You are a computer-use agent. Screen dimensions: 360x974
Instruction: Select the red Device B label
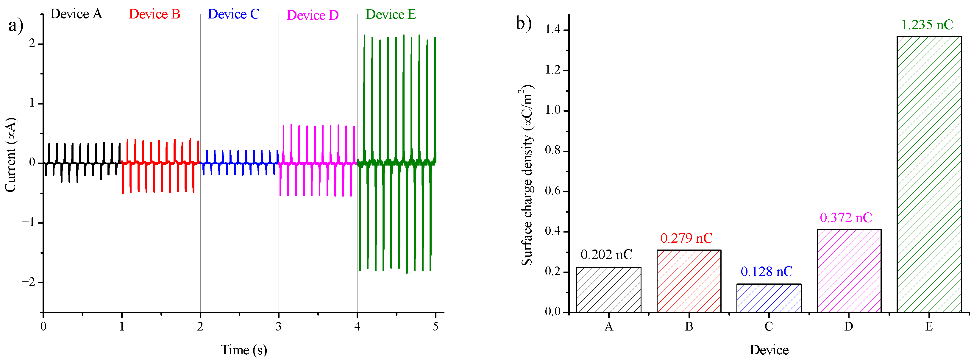pyautogui.click(x=155, y=14)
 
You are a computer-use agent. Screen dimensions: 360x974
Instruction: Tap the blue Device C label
pyautogui.click(x=233, y=14)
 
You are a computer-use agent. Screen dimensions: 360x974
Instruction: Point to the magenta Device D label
pyautogui.click(x=312, y=15)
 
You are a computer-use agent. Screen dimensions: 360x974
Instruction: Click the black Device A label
pyautogui.click(x=76, y=14)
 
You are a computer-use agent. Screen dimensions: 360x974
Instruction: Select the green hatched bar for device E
pyautogui.click(x=929, y=174)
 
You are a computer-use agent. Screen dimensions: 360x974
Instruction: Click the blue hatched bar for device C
pyautogui.click(x=769, y=298)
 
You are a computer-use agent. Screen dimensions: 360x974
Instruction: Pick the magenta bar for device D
pyautogui.click(x=849, y=270)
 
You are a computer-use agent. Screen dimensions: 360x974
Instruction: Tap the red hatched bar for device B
pyautogui.click(x=689, y=281)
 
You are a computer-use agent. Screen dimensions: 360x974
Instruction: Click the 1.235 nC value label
pyautogui.click(x=927, y=25)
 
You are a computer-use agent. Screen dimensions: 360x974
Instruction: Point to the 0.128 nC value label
pyautogui.click(x=767, y=272)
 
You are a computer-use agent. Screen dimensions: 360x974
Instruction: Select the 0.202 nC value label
pyautogui.click(x=606, y=255)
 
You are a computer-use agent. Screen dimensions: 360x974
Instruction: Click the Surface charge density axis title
pyautogui.click(x=526, y=175)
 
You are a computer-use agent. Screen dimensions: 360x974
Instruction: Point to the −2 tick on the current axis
pyautogui.click(x=29, y=282)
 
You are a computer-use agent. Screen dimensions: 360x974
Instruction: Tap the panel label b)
pyautogui.click(x=524, y=24)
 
